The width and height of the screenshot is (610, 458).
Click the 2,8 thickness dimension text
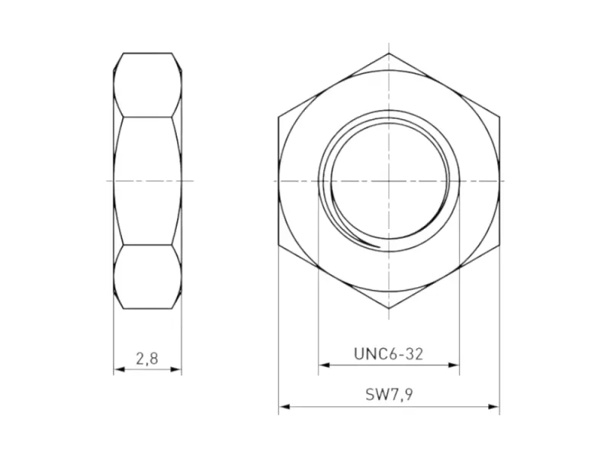[146, 357]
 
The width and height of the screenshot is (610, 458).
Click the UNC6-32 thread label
[388, 353]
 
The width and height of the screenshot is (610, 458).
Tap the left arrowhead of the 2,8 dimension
[118, 370]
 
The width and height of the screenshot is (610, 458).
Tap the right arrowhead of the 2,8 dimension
[177, 370]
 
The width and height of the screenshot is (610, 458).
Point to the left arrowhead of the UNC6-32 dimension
[323, 365]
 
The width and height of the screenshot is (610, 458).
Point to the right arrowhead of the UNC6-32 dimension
[455, 365]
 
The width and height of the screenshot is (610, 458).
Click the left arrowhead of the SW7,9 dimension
[283, 407]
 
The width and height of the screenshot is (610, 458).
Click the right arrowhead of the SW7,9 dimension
[495, 407]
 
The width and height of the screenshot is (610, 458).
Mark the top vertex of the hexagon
[389, 53]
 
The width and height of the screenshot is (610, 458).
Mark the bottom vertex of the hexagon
[389, 308]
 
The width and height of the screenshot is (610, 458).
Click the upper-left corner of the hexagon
[278, 117]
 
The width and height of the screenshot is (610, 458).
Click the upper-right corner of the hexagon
[499, 117]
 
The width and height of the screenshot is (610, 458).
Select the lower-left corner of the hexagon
[278, 244]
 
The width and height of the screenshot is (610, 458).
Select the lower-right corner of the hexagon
[499, 244]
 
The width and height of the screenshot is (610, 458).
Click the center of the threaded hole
[389, 181]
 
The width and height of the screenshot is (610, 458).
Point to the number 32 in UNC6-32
[413, 353]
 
